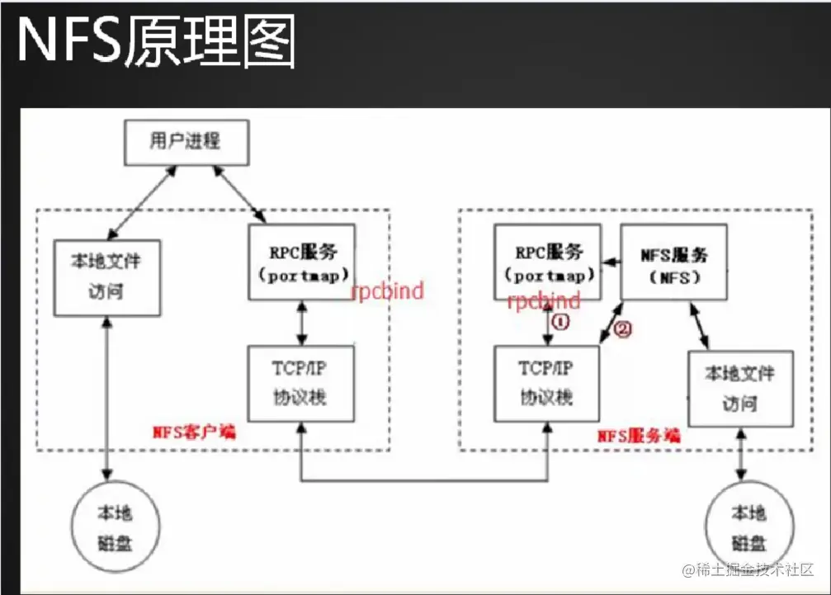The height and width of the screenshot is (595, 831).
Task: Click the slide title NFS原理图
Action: [156, 41]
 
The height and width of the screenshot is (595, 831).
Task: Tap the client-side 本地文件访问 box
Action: [106, 277]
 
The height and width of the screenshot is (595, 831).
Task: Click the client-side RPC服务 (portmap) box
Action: [301, 262]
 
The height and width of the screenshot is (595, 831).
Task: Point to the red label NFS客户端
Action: [194, 431]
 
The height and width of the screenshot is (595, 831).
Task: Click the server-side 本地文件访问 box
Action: [740, 388]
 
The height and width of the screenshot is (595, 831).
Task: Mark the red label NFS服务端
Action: [639, 435]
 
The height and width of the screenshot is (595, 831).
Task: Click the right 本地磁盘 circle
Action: [748, 527]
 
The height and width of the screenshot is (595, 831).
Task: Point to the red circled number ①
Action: [560, 321]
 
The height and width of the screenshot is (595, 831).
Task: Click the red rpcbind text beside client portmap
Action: [388, 290]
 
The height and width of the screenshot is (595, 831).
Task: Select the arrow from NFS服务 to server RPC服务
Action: [611, 262]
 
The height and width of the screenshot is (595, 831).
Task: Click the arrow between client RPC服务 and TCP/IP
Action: [301, 323]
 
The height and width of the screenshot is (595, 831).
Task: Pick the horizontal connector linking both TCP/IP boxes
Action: [425, 480]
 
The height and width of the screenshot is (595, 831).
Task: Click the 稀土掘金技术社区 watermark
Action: [748, 569]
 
